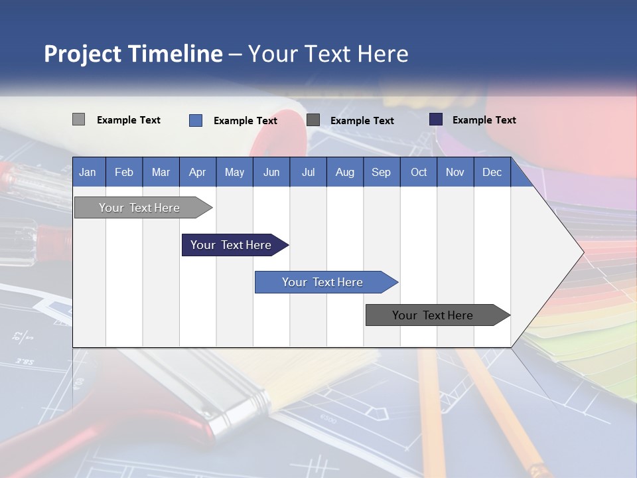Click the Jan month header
click(x=88, y=172)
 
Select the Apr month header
click(x=197, y=172)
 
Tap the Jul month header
click(x=308, y=172)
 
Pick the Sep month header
click(x=381, y=172)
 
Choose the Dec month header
click(x=492, y=172)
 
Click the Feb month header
click(x=124, y=172)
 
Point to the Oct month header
click(x=419, y=172)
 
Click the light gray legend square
click(x=78, y=119)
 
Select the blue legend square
click(x=196, y=120)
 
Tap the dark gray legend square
click(x=313, y=119)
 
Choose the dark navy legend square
click(x=436, y=119)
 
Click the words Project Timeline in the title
click(x=133, y=54)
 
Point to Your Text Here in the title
click(x=328, y=54)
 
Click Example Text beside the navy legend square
click(x=484, y=120)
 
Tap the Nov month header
click(x=455, y=172)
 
